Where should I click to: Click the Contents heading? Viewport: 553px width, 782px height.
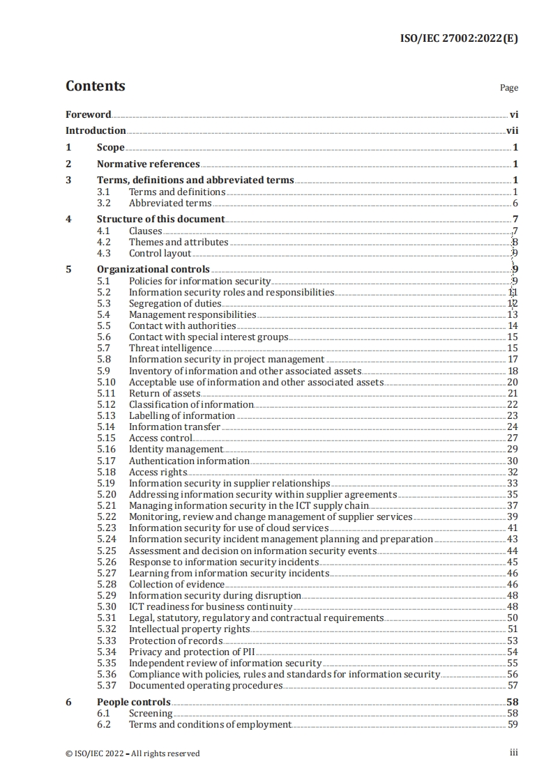[96, 86]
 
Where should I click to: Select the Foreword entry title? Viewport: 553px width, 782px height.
[89, 114]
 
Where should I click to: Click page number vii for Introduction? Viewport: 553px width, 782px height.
[513, 130]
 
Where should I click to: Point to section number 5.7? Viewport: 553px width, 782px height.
[104, 348]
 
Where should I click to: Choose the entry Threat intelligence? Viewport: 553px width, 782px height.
[170, 348]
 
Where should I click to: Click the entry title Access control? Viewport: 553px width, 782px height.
[160, 438]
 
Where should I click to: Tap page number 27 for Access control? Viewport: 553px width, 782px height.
[513, 438]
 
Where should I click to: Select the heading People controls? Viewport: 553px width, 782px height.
[133, 702]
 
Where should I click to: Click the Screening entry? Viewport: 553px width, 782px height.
[151, 713]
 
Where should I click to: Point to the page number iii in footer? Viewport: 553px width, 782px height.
[513, 753]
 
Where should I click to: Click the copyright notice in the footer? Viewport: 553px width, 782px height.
[132, 753]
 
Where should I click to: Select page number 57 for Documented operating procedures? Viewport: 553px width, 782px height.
[513, 685]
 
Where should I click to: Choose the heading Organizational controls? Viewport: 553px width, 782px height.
[153, 269]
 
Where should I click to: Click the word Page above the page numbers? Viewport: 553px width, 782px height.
[509, 88]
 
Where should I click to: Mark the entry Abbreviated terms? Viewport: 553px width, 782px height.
[170, 204]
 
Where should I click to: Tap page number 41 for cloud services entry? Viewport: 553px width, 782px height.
[513, 528]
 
